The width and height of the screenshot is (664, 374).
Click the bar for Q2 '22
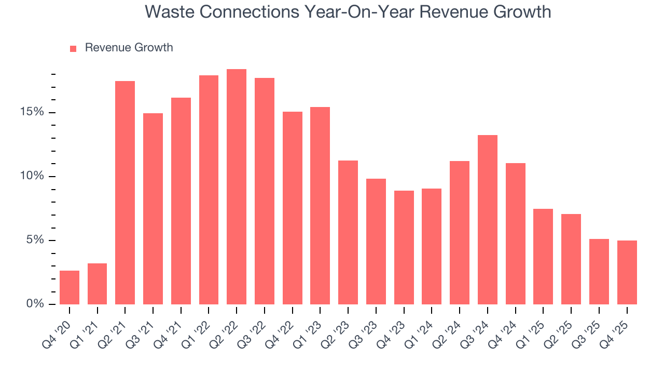[x=237, y=187]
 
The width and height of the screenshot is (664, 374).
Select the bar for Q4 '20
[x=70, y=287]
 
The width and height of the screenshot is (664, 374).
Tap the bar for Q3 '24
[x=488, y=220]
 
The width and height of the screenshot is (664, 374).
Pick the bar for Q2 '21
[x=125, y=193]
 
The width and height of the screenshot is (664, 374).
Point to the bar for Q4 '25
[x=627, y=272]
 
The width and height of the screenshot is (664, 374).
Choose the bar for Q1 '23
[x=320, y=206]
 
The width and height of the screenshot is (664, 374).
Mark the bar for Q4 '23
[x=404, y=247]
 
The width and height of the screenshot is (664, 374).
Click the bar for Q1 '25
[x=543, y=257]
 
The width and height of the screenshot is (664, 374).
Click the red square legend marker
[x=73, y=48]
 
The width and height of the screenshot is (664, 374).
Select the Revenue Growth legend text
[x=129, y=48]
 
